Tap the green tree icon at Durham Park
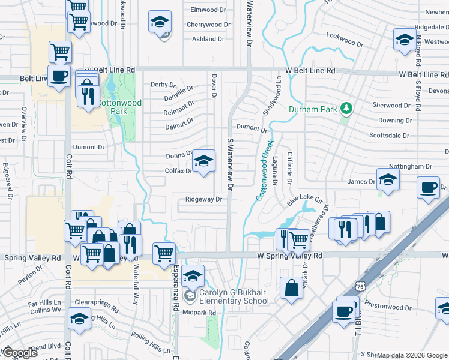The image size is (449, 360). tap(345, 109)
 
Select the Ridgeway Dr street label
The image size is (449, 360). tap(204, 199)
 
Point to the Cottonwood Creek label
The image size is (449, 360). tap(265, 169)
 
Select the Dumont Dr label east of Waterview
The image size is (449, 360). tap(252, 128)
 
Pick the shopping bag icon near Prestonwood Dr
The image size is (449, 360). tap(292, 287)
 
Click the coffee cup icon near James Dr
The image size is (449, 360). tap(429, 187)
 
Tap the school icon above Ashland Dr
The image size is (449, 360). tap(160, 23)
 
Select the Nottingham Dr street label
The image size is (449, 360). tap(411, 166)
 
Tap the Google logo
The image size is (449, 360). tap(20, 353)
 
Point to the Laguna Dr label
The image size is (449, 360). tap(274, 170)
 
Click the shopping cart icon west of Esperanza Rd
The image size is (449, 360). tap(164, 253)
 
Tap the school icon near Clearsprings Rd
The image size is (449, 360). tap(79, 319)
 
